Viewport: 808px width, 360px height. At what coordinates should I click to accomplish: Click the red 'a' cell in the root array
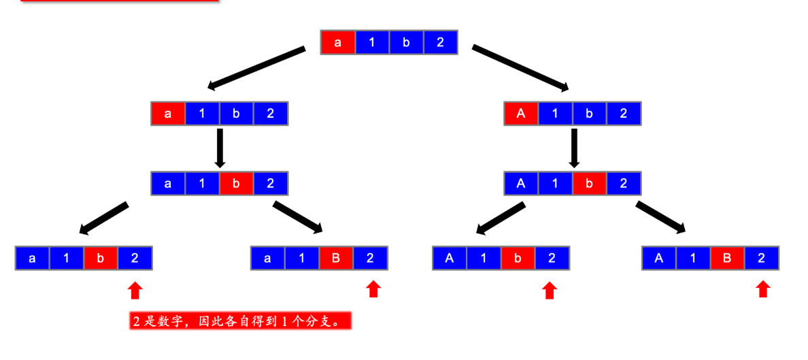(x=337, y=42)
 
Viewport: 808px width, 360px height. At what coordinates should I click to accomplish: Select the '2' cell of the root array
(x=440, y=42)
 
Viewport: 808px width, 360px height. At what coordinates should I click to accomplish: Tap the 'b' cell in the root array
(x=406, y=42)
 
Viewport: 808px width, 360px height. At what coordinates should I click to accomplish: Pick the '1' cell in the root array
(x=371, y=42)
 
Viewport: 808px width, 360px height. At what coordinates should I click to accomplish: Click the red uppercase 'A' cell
(x=521, y=114)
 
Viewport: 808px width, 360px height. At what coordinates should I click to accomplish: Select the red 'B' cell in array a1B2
(x=336, y=258)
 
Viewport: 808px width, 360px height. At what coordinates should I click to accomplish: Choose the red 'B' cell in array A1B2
(x=727, y=258)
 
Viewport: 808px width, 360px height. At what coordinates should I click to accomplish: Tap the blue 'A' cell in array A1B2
(x=658, y=258)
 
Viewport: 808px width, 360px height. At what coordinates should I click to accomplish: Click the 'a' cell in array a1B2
(x=267, y=258)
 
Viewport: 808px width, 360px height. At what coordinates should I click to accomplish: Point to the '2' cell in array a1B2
(x=370, y=258)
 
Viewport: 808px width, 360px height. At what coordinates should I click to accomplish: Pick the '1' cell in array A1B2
(x=693, y=258)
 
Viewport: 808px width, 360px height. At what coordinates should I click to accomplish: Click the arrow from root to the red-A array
(x=520, y=67)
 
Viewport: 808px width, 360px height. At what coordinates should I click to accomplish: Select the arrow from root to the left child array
(x=256, y=68)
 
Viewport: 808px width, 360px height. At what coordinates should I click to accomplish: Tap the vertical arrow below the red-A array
(x=574, y=147)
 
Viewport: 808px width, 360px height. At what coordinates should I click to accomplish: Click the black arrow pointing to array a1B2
(x=298, y=217)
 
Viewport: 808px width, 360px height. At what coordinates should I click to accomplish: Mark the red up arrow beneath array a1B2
(x=373, y=289)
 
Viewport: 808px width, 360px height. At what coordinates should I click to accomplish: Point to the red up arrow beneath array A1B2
(x=763, y=289)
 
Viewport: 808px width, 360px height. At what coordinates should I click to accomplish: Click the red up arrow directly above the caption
(x=135, y=291)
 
